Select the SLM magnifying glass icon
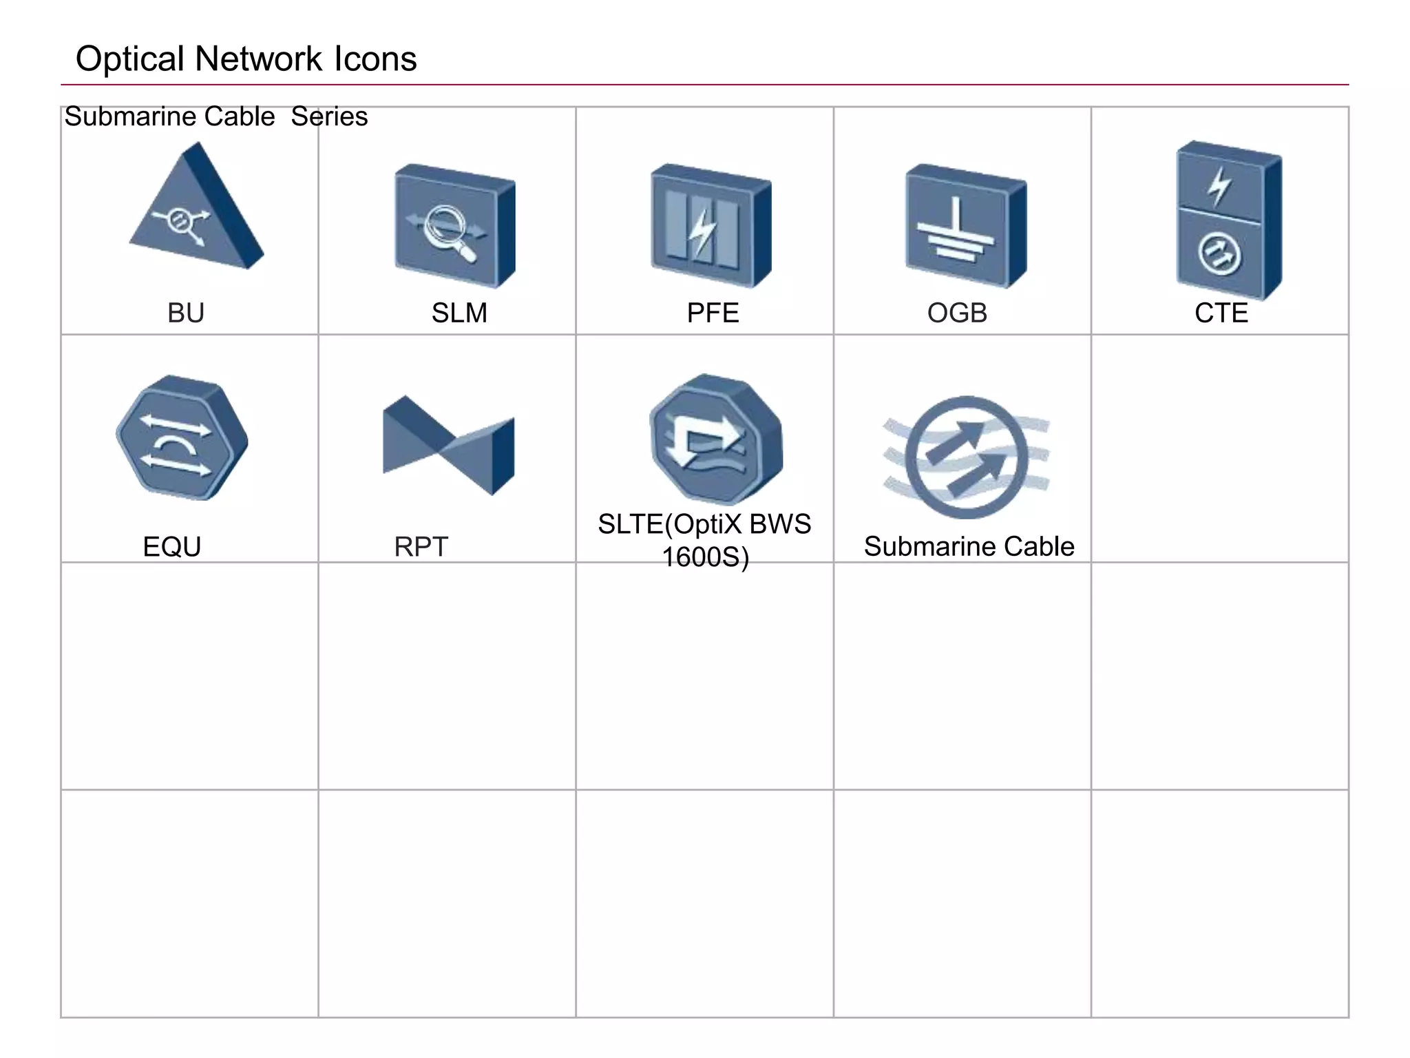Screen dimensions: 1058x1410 click(x=454, y=226)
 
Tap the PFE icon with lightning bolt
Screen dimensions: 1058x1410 click(x=711, y=226)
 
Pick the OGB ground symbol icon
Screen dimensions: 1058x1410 click(x=965, y=226)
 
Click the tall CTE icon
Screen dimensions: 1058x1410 click(x=1228, y=220)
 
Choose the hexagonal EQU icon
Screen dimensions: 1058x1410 click(x=182, y=438)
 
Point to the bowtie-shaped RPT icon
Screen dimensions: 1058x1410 click(x=448, y=444)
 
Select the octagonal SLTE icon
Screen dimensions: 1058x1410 click(x=716, y=439)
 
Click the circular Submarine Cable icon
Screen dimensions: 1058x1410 click(x=967, y=457)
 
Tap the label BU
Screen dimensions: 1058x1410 click(x=186, y=313)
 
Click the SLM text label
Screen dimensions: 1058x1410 click(x=459, y=313)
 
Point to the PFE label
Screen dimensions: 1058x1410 click(x=713, y=313)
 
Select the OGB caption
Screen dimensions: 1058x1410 click(x=957, y=313)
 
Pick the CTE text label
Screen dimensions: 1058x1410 click(x=1221, y=313)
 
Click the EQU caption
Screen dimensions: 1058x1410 click(x=172, y=547)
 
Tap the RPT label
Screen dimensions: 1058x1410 click(x=421, y=547)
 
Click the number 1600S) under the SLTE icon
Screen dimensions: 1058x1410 click(x=705, y=557)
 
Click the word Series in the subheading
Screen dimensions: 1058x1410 click(x=329, y=117)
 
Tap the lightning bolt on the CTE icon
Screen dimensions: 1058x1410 click(x=1220, y=185)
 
